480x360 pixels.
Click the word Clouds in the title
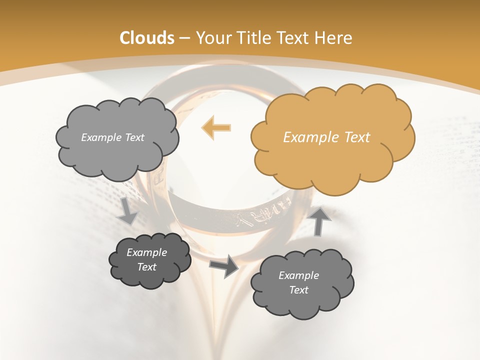coord(147,37)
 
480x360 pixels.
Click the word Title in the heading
coord(253,37)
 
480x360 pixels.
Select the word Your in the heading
coord(210,38)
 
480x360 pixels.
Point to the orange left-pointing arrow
coord(216,127)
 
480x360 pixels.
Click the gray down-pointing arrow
coord(127,211)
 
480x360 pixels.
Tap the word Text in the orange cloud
coord(356,137)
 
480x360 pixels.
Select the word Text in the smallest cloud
coord(147,267)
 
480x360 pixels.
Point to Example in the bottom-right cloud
coord(298,275)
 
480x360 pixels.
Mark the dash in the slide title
coord(184,38)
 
